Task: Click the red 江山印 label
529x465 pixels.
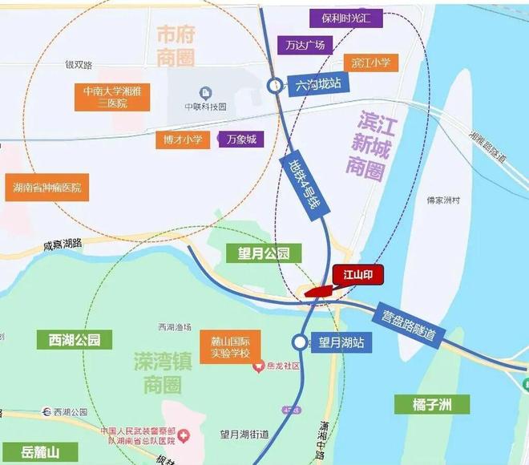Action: tap(358, 276)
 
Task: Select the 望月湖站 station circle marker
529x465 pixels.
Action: tap(300, 342)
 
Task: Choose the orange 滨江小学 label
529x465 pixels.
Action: tap(369, 63)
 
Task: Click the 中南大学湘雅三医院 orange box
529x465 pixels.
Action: tap(112, 97)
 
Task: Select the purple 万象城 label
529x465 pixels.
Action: tap(240, 139)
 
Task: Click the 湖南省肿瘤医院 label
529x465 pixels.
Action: tap(47, 188)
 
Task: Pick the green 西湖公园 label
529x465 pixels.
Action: tap(69, 339)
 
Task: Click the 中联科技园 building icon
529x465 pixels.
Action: tap(206, 91)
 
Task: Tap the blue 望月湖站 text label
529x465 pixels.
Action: tap(341, 342)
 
